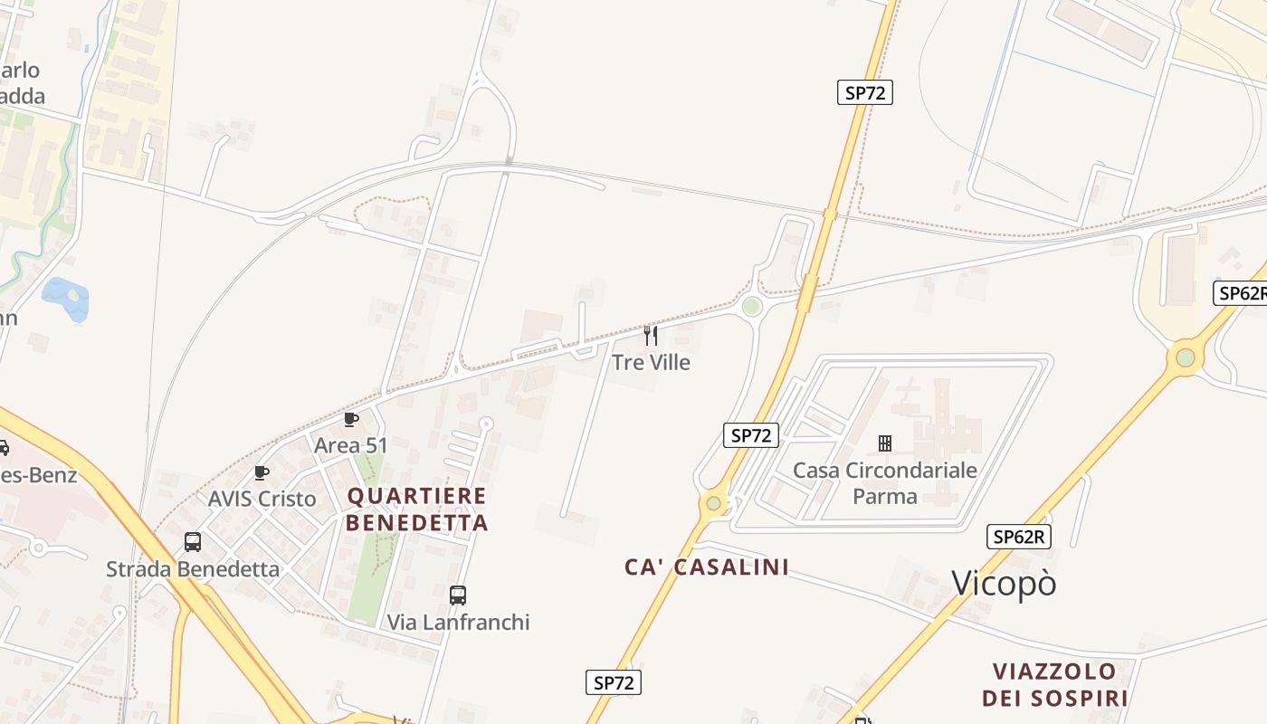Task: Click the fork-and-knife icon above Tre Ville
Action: (x=651, y=336)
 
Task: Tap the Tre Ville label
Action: (x=651, y=362)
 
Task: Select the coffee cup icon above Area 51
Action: (x=351, y=419)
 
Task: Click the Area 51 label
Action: (x=350, y=445)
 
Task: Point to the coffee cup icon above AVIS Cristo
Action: (x=262, y=472)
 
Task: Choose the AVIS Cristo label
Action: (x=262, y=499)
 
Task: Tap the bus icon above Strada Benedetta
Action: (x=193, y=542)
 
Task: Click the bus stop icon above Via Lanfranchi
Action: (x=458, y=595)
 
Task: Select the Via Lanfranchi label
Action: (x=458, y=622)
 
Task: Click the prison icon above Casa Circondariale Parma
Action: (x=885, y=443)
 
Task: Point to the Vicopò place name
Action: (x=1004, y=584)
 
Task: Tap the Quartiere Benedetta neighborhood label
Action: (x=417, y=509)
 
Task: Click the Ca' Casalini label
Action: (x=707, y=567)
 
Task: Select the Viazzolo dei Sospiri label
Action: (x=1055, y=684)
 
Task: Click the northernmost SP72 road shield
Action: (x=864, y=92)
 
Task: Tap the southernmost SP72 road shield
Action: (x=613, y=682)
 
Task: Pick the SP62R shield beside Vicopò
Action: (x=1018, y=537)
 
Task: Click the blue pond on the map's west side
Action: (x=65, y=298)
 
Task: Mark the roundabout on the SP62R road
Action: (x=1185, y=358)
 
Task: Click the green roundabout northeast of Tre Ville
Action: (x=751, y=307)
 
